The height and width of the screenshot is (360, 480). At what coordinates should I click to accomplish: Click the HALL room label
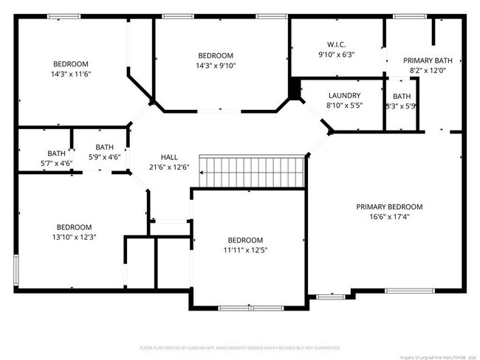pyautogui.click(x=169, y=157)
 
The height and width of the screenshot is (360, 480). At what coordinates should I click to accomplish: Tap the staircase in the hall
pyautogui.click(x=254, y=172)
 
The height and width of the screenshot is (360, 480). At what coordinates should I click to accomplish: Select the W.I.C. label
pyautogui.click(x=336, y=44)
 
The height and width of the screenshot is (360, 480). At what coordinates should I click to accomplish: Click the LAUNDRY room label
pyautogui.click(x=344, y=96)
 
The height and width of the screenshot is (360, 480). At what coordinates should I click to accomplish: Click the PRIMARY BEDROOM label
pyautogui.click(x=389, y=207)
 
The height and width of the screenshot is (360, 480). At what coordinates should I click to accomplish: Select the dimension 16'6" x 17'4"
pyautogui.click(x=389, y=217)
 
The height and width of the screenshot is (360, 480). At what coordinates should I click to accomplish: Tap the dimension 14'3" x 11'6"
pyautogui.click(x=71, y=74)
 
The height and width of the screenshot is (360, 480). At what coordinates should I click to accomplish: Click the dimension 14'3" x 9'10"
pyautogui.click(x=216, y=66)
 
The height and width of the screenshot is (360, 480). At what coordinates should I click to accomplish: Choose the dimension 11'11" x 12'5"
pyautogui.click(x=244, y=250)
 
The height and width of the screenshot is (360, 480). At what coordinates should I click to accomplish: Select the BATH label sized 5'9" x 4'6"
pyautogui.click(x=104, y=147)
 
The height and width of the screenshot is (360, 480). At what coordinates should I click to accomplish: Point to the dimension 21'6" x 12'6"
pyautogui.click(x=169, y=167)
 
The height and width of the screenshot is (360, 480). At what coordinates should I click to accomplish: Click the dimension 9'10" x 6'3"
pyautogui.click(x=336, y=54)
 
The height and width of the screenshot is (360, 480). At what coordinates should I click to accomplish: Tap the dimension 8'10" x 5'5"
pyautogui.click(x=344, y=105)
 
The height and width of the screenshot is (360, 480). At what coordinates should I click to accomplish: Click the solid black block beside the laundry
pyautogui.click(x=295, y=88)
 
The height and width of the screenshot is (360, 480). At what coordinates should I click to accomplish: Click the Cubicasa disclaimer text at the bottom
pyautogui.click(x=239, y=347)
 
